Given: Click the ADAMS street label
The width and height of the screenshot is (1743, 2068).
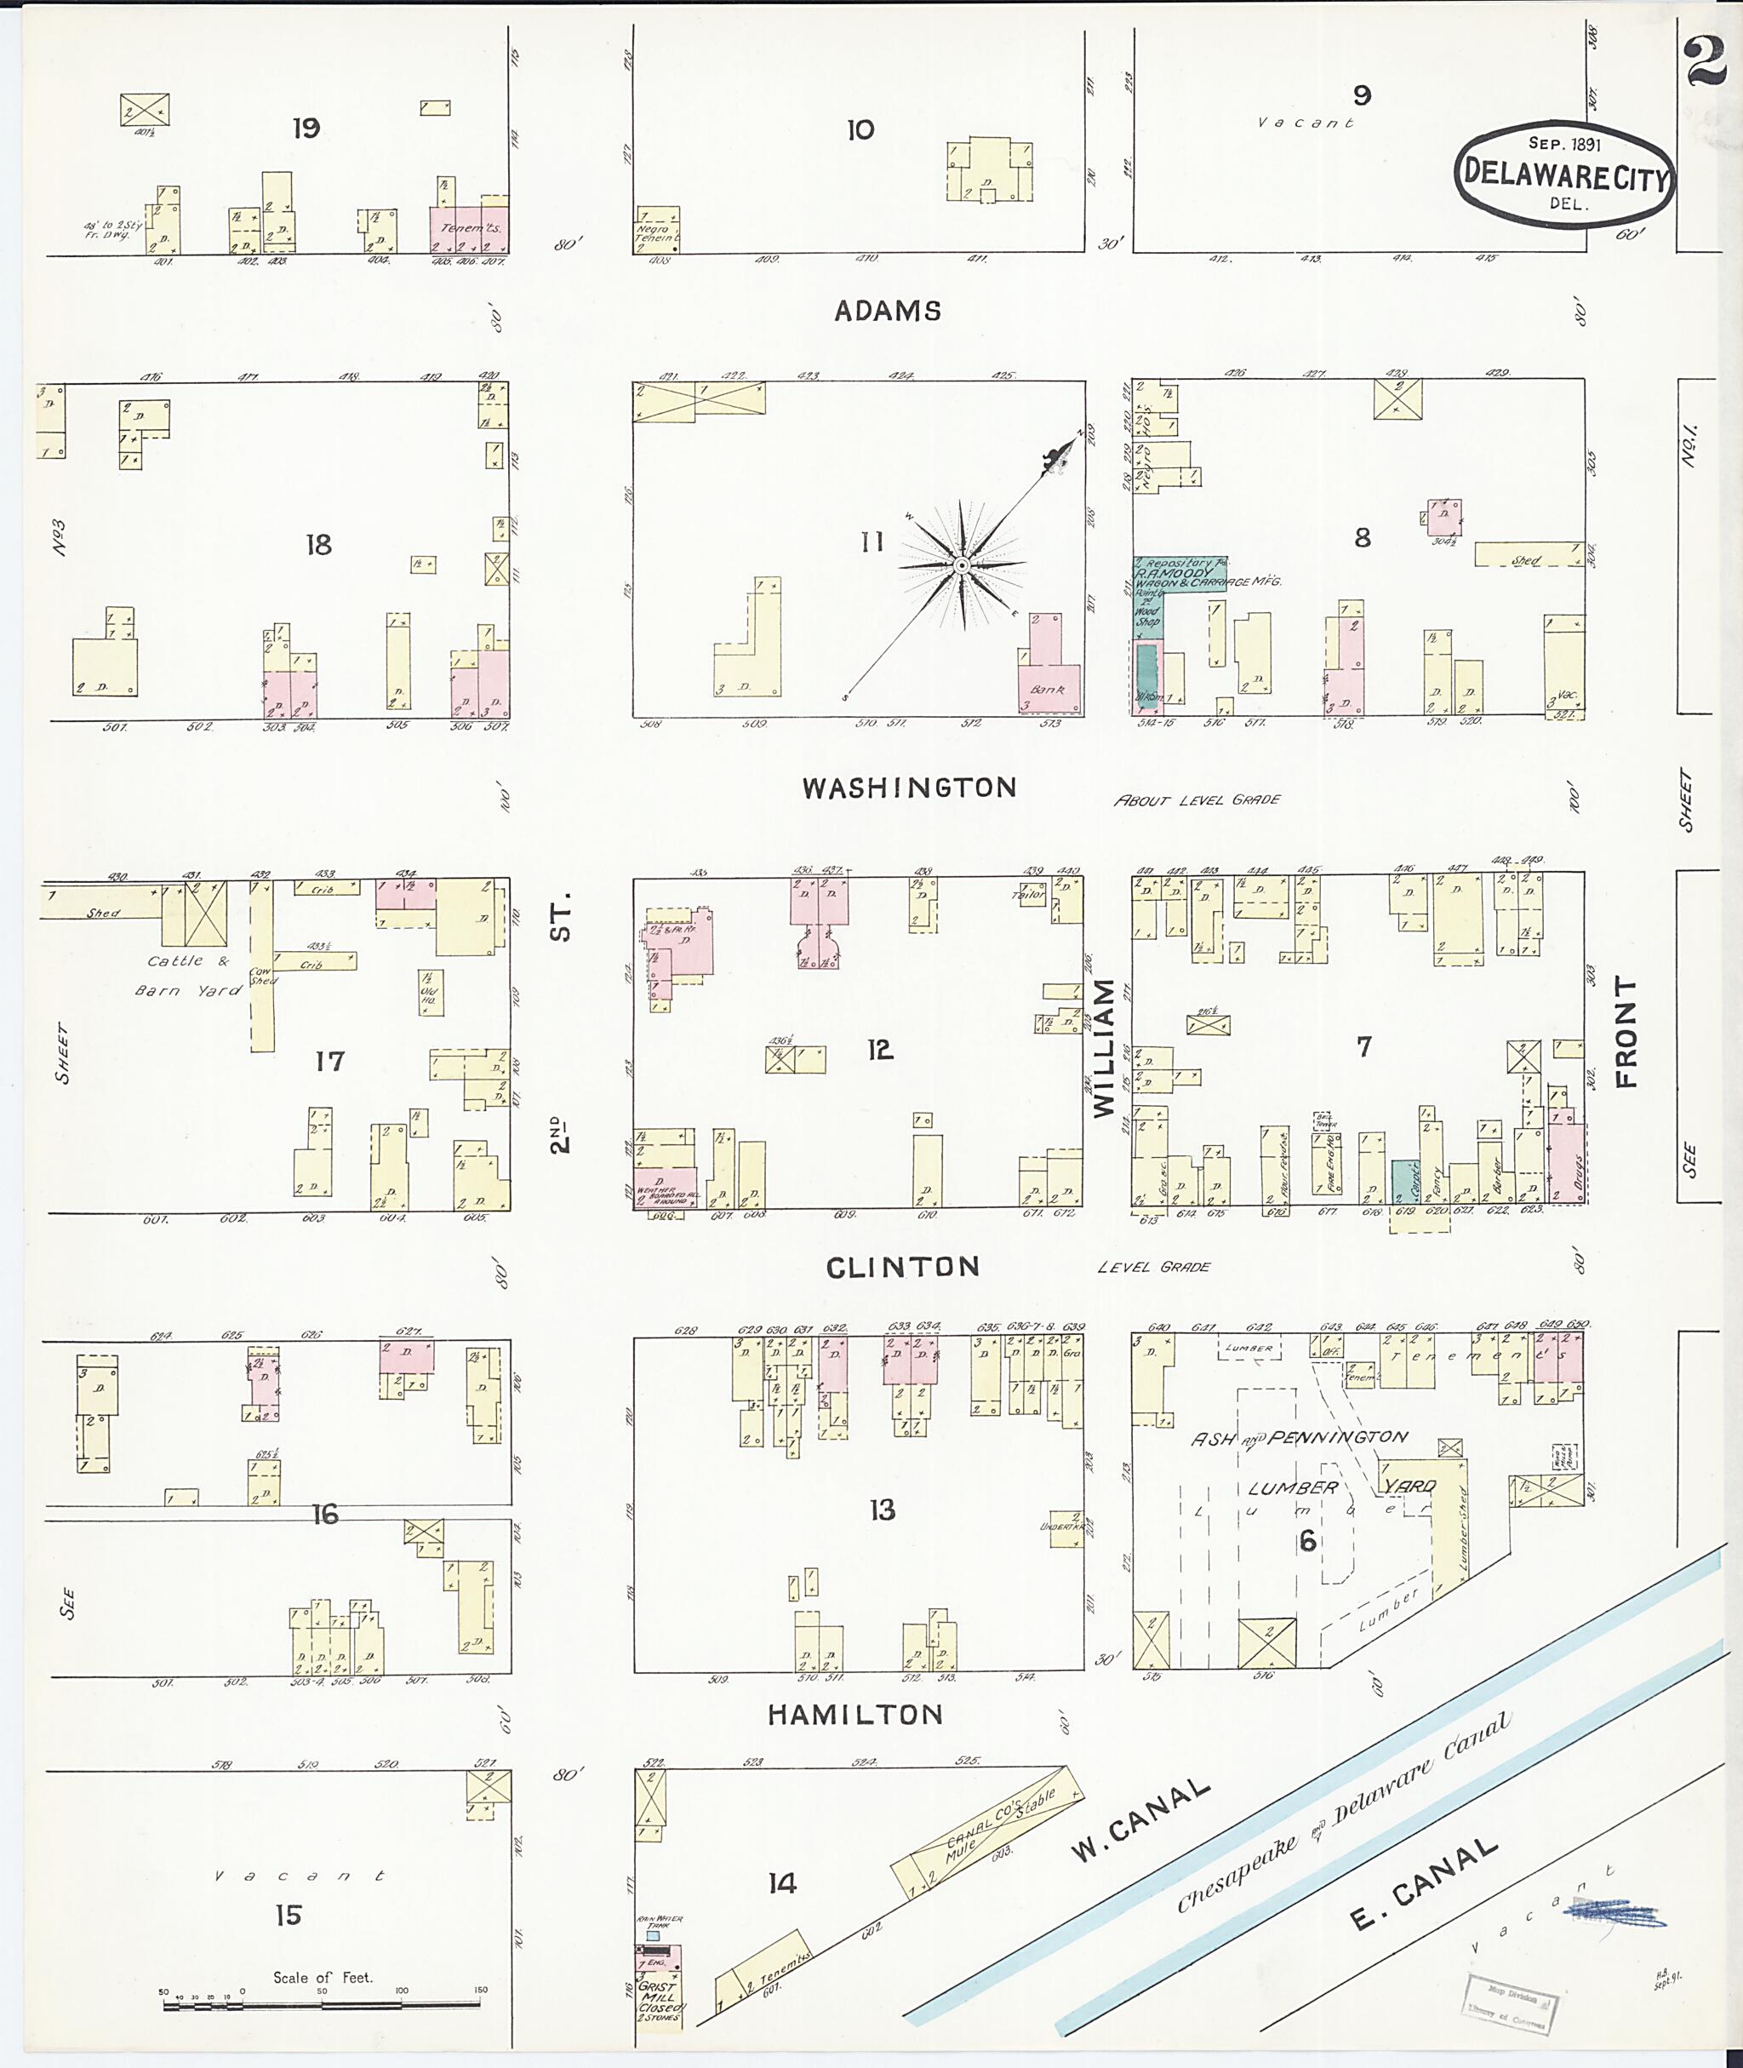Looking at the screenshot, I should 888,312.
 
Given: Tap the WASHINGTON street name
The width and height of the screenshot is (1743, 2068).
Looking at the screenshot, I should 909,788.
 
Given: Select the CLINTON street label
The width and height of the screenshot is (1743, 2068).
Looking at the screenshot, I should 902,1268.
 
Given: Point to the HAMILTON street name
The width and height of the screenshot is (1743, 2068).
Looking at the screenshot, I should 855,1715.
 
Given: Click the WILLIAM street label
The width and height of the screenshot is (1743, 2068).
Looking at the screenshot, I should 1105,1048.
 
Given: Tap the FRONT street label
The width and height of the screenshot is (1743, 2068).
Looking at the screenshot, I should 1626,1032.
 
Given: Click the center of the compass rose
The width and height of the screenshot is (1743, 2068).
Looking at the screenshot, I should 960,565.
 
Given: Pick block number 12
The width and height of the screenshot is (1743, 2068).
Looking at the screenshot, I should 879,1050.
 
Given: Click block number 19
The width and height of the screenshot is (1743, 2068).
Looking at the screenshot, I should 306,128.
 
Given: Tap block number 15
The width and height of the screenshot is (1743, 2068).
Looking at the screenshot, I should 289,1915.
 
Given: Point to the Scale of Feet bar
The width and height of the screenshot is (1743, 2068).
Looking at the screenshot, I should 322,2006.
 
